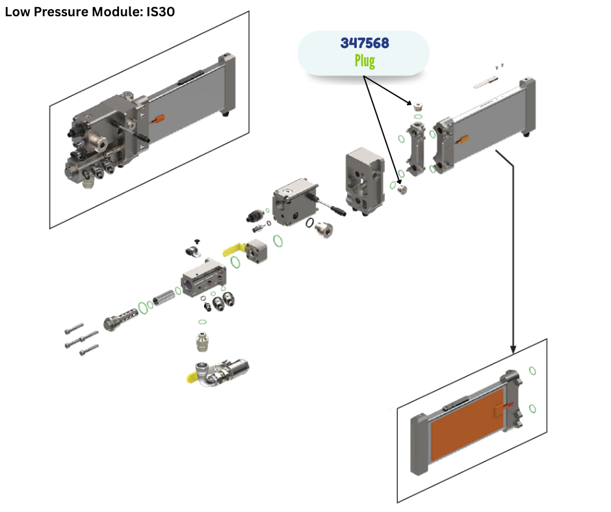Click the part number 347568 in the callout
(x=365, y=44)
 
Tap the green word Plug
(x=365, y=61)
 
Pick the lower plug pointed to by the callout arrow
(x=402, y=188)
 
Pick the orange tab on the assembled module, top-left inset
(x=159, y=118)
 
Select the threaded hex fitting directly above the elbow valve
(x=205, y=340)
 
